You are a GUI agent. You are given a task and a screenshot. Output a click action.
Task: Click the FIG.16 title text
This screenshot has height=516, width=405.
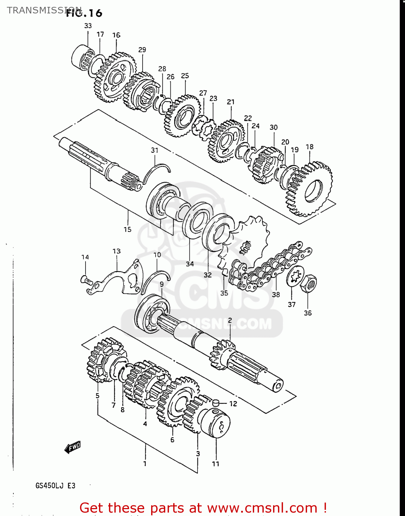(85, 13)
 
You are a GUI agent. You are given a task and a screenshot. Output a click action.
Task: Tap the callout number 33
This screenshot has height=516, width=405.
(88, 26)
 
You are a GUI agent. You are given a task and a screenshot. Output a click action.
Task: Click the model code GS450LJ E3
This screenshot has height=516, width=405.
(55, 486)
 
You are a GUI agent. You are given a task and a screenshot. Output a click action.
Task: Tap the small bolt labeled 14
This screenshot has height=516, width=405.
(87, 280)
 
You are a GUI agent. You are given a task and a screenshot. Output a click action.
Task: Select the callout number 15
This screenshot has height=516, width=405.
(127, 229)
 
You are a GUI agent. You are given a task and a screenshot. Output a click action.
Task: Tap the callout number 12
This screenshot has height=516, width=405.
(233, 404)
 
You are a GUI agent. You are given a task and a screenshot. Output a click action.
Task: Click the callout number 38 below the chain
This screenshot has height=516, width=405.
(276, 294)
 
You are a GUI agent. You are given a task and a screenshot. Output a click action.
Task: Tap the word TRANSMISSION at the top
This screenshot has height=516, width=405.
(44, 10)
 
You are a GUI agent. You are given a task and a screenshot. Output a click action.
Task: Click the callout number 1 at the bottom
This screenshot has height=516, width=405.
(145, 463)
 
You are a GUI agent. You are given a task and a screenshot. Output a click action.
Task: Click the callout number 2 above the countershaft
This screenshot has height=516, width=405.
(230, 320)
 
